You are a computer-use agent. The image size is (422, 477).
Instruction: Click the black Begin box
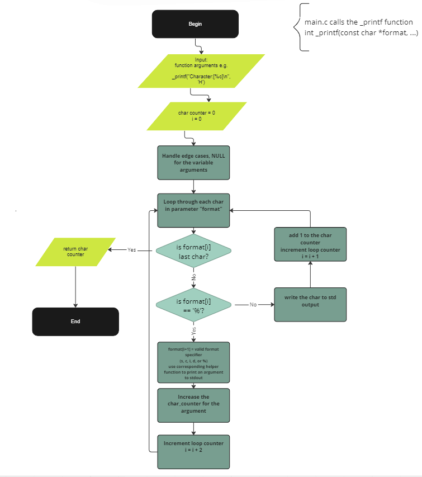click(x=195, y=24)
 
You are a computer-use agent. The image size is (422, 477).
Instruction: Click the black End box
click(x=75, y=322)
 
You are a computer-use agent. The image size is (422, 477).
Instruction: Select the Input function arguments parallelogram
click(x=201, y=71)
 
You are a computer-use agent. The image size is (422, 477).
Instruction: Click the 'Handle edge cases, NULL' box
click(x=193, y=163)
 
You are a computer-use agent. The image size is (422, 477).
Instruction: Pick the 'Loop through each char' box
click(x=193, y=210)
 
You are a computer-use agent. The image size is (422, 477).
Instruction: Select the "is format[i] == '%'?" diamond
click(x=193, y=305)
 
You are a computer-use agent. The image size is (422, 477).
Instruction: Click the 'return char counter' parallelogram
click(x=75, y=252)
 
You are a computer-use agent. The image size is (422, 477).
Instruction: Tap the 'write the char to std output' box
click(x=310, y=305)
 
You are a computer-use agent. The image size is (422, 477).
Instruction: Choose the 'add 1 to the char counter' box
click(x=310, y=244)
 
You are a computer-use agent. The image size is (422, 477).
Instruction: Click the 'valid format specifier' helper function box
click(x=193, y=362)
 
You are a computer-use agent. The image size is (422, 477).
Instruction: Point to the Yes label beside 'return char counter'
click(x=132, y=250)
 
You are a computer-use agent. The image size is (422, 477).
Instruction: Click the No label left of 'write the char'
click(x=253, y=305)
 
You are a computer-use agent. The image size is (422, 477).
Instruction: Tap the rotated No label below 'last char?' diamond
click(x=194, y=276)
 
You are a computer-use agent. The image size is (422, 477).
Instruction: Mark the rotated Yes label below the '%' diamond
click(x=194, y=330)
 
